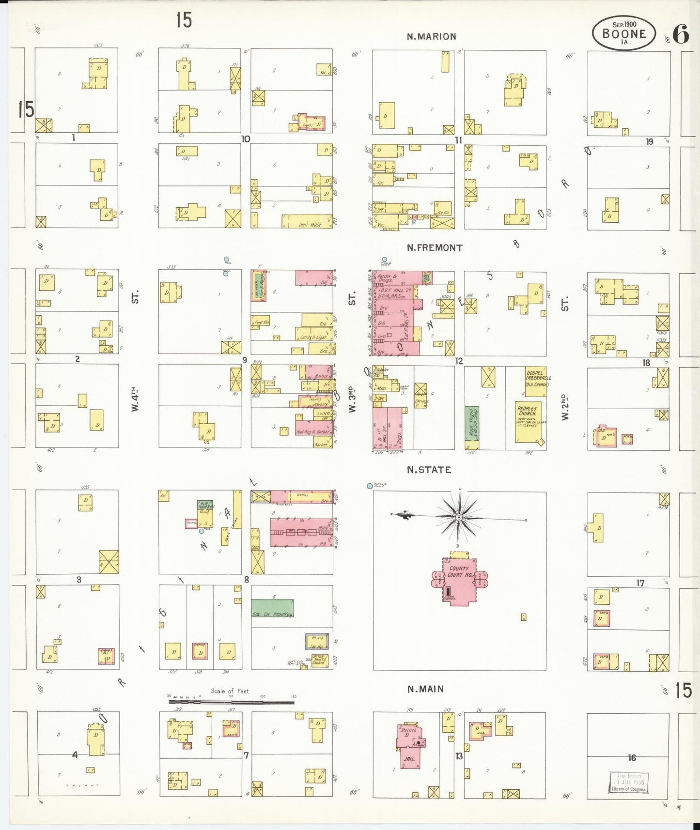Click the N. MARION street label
pos(431,36)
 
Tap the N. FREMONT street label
pos(435,247)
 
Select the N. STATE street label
pos(429,470)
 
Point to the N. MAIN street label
pos(425,689)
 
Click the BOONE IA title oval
pos(623,33)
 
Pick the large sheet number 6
pos(681,34)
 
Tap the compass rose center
pos(458,517)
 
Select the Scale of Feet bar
pos(231,701)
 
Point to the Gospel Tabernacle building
pos(536,378)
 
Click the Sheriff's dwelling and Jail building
pos(410,746)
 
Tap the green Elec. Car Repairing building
pos(272,607)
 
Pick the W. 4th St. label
pos(135,400)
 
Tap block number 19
pos(649,141)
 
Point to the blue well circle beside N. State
pos(370,485)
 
